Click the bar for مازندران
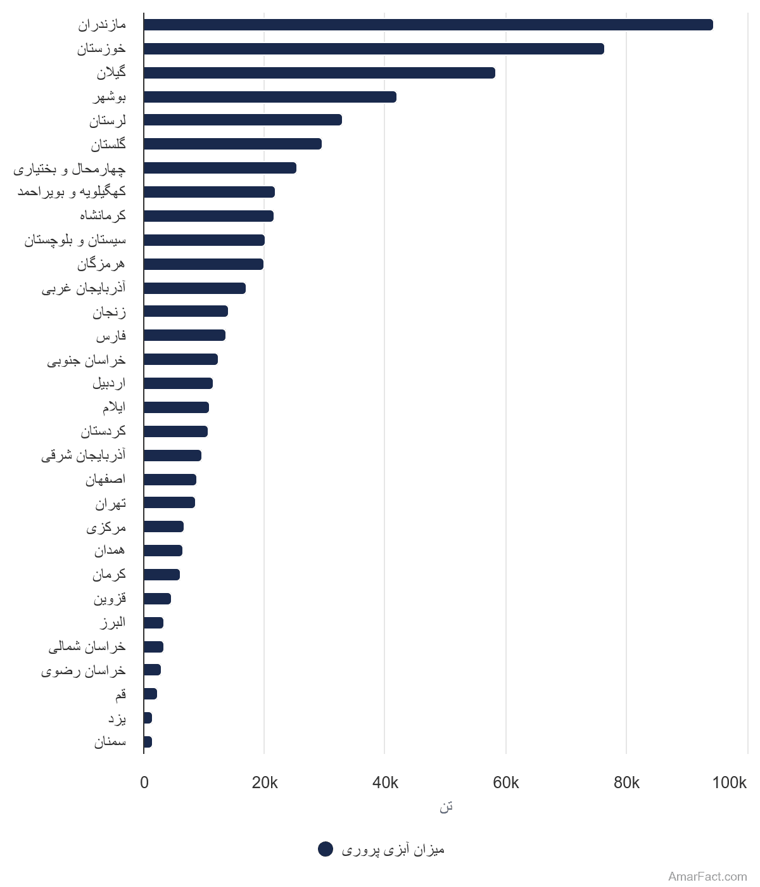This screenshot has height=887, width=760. pos(428,25)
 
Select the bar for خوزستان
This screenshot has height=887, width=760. pos(374,49)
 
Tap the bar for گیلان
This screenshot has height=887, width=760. pos(319,73)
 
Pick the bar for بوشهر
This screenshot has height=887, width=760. pos(270,97)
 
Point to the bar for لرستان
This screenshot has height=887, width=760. pos(243,120)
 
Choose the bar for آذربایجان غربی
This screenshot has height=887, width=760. pos(194,288)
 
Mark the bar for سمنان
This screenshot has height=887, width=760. pos(148,742)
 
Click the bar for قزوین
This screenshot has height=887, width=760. pos(157,599)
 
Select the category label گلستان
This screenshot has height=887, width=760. pos(108,144)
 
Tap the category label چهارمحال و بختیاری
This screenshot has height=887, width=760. pos(70,169)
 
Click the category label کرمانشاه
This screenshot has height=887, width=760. pos(103,215)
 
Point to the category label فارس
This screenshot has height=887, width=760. pos(111,335)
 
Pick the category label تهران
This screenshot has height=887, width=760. pos(111,503)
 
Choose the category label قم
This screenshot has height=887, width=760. pos(120,694)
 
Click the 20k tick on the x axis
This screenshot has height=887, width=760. pos(264,782)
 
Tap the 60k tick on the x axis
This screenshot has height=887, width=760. pos(505,782)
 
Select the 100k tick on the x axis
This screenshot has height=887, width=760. pos(729,782)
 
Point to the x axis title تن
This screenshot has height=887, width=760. pos(446,807)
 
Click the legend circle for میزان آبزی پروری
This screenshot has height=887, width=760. pos(326,849)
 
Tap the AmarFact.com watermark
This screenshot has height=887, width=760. pos(707,876)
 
